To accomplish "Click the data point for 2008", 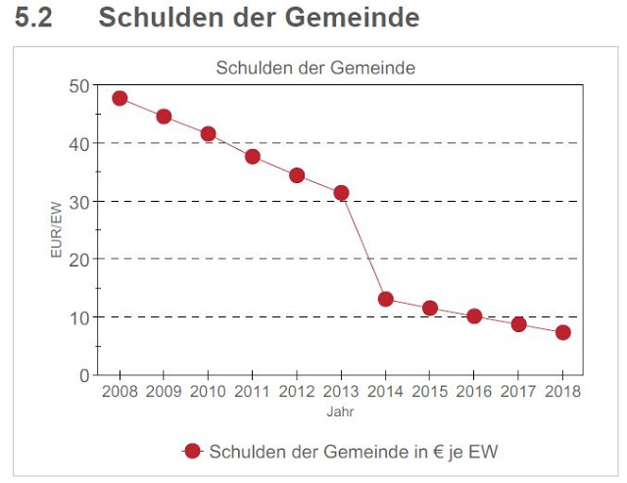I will click(x=120, y=98).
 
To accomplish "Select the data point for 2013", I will click(x=341, y=193).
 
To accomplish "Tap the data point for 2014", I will click(x=386, y=299).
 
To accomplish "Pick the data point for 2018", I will click(x=563, y=332).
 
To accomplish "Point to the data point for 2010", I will click(x=208, y=134).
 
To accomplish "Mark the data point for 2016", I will click(x=474, y=316).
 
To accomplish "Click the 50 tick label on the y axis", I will click(x=78, y=86).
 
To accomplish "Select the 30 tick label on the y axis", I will click(x=78, y=202).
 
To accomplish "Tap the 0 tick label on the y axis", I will click(x=83, y=375).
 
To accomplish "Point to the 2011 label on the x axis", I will click(x=252, y=392).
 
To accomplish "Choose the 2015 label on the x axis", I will click(x=429, y=392).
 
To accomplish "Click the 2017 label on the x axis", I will click(x=518, y=392).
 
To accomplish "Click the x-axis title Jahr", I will click(x=341, y=412).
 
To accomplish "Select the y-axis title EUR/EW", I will click(x=56, y=231).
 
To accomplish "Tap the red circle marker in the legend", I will click(x=192, y=451).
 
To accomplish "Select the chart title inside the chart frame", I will click(x=314, y=69).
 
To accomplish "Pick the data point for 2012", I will click(x=297, y=175).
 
